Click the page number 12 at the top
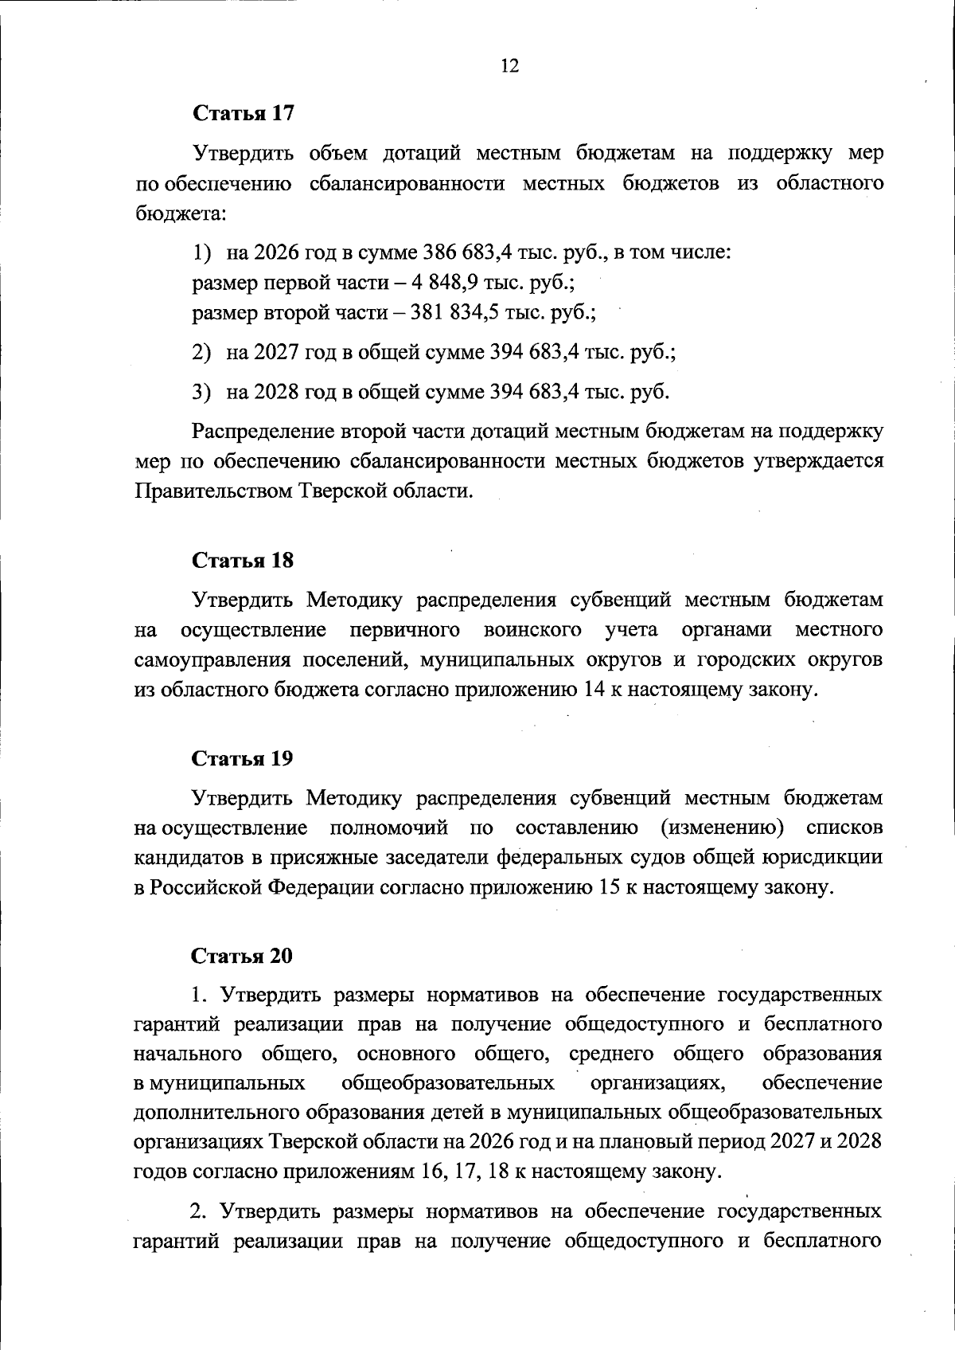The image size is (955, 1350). point(509,66)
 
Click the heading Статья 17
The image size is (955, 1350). point(244,113)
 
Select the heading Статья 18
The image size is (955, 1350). point(244,560)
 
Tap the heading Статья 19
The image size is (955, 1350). point(244,758)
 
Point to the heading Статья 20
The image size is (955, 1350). point(244,956)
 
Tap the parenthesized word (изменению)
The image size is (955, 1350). point(723,828)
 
